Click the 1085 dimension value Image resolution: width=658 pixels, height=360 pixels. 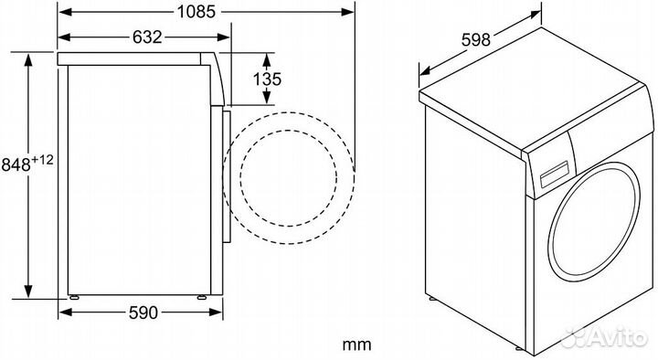pyautogui.click(x=196, y=11)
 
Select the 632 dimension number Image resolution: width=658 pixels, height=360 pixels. pyautogui.click(x=147, y=37)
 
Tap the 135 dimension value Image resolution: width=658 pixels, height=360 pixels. pyautogui.click(x=267, y=79)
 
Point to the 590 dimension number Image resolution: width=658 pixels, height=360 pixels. pyautogui.click(x=143, y=312)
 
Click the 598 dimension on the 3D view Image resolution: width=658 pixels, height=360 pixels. pyautogui.click(x=475, y=40)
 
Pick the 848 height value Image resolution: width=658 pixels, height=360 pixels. pyautogui.click(x=16, y=164)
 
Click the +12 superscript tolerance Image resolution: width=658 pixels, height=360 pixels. pyautogui.click(x=43, y=160)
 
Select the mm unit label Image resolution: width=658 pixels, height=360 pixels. pyautogui.click(x=356, y=344)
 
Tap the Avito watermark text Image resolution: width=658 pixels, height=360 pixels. pyautogui.click(x=616, y=337)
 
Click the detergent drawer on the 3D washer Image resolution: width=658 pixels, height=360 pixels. pyautogui.click(x=554, y=175)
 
